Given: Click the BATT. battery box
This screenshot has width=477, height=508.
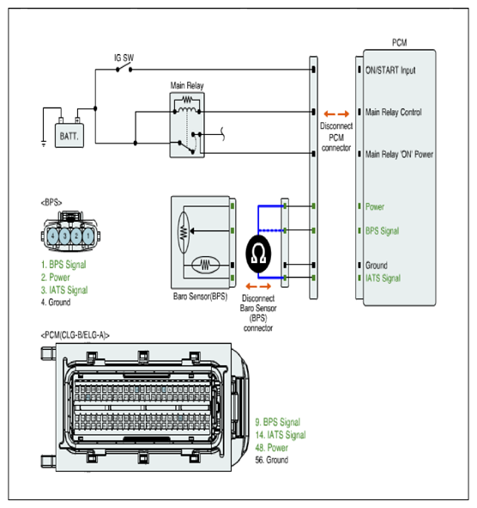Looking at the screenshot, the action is (x=69, y=136).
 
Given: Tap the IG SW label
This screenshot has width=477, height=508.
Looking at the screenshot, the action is (x=124, y=58).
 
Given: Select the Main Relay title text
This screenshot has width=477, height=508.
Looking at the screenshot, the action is (x=187, y=86).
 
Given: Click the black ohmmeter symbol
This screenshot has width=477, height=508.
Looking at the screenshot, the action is (x=258, y=254).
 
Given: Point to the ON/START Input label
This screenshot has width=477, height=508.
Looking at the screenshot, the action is (x=390, y=70).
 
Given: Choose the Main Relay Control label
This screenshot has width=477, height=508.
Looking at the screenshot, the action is (x=393, y=113).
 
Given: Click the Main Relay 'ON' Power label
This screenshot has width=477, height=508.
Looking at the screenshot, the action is (x=399, y=154).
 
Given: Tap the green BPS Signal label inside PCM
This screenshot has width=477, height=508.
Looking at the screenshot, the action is (x=382, y=231).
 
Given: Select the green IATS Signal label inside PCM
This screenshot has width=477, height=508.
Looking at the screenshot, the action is (x=383, y=278).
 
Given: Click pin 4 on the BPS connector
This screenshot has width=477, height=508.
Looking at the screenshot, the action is (x=53, y=236).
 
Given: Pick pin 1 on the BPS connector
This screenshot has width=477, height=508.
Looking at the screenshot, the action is (x=88, y=236).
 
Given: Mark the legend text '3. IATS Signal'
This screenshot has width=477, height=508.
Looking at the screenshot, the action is (x=64, y=290).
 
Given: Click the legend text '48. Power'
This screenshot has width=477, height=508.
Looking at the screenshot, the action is (x=272, y=448).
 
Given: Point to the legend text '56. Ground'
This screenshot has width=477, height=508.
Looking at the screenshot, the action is (x=272, y=460).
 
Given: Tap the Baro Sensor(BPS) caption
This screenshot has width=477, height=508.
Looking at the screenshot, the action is (x=200, y=297).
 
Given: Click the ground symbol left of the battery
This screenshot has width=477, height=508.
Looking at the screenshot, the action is (x=44, y=144).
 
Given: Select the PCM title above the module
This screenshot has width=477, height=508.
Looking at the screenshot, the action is (x=400, y=42).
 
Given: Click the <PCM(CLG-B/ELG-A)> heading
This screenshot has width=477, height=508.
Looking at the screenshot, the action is (x=75, y=335).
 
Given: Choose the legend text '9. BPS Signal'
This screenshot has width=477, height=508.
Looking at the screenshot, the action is (x=278, y=422).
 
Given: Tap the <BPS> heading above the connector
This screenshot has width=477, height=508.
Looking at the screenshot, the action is (x=51, y=203).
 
